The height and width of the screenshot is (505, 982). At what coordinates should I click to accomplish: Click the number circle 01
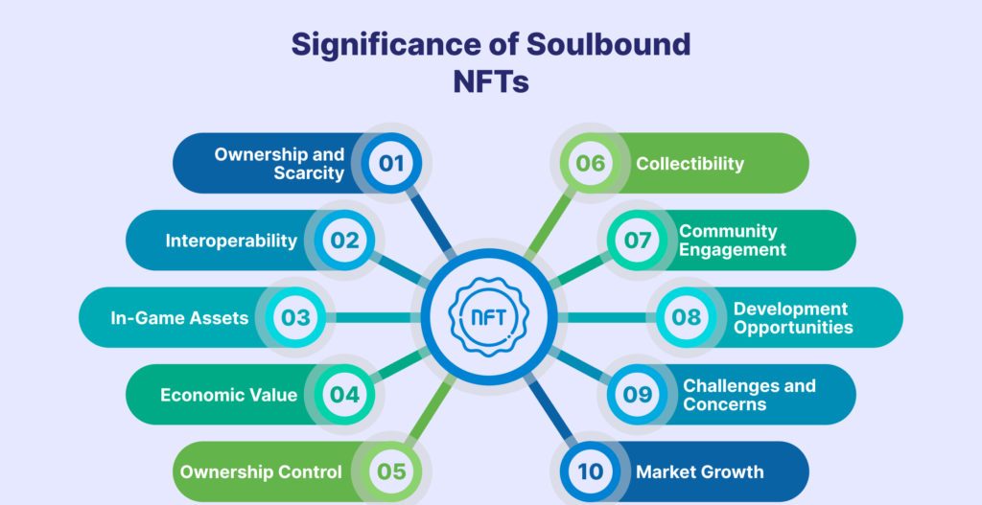[x=391, y=163]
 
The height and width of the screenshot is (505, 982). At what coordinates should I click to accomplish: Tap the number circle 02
[x=344, y=241]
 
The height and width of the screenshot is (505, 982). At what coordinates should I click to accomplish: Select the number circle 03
[x=296, y=317]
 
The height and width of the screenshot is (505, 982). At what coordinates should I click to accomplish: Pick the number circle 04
[x=344, y=395]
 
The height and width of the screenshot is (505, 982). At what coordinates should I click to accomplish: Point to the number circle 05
[x=391, y=471]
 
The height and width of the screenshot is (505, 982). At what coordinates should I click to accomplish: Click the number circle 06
[x=591, y=163]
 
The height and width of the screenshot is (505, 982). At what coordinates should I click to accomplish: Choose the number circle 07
[x=638, y=241]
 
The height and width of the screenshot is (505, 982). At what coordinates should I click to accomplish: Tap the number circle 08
[x=686, y=317]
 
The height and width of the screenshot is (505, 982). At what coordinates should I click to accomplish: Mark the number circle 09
[x=638, y=395]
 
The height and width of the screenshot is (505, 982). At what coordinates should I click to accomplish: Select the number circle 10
[x=591, y=471]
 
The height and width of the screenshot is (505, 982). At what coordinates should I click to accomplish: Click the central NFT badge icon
[x=491, y=317]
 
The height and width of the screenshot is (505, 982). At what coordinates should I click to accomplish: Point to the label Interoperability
[x=231, y=241]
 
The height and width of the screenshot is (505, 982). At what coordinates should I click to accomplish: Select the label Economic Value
[x=228, y=395]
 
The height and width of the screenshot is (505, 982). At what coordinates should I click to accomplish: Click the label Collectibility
[x=690, y=163]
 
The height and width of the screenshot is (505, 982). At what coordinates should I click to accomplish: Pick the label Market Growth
[x=699, y=471]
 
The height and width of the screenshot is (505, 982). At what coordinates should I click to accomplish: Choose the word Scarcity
[x=308, y=173]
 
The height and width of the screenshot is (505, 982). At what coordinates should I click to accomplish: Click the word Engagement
[x=733, y=250]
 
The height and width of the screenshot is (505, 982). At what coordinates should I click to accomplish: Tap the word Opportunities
[x=793, y=328]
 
